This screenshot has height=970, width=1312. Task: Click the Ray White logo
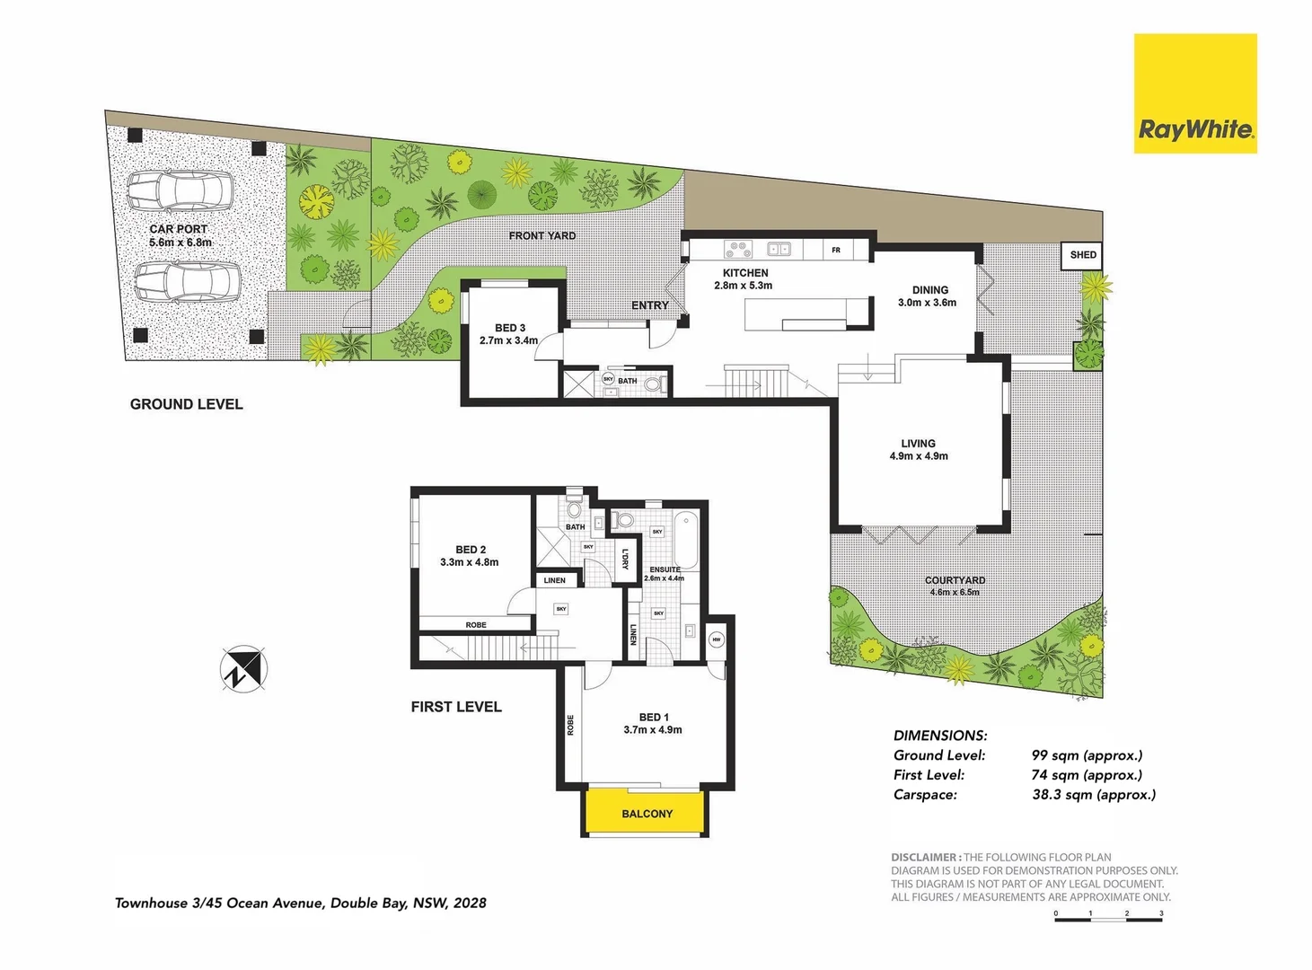tap(1195, 94)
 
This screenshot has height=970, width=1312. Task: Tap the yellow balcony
tap(647, 813)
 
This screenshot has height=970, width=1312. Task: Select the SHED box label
tap(1082, 255)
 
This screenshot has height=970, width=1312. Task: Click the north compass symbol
tap(243, 669)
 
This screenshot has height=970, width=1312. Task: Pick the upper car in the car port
tap(180, 190)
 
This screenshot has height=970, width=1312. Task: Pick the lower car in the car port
tap(188, 282)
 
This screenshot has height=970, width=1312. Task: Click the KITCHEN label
tap(745, 273)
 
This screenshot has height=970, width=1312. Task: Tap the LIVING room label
tap(918, 444)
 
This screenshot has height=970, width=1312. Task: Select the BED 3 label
tap(509, 328)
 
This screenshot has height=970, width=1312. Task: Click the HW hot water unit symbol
tap(716, 639)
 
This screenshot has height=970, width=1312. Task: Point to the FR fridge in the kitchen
tap(836, 250)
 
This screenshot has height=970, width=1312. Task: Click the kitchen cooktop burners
tap(738, 249)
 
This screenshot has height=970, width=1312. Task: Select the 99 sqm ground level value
tap(1087, 755)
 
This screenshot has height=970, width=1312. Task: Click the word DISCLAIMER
tap(925, 858)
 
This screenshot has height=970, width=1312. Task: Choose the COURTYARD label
tap(955, 580)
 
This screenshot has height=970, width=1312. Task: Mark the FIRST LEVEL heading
tap(456, 707)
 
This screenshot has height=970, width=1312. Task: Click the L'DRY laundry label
tap(626, 559)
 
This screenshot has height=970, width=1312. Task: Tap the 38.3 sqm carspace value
tap(1094, 795)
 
